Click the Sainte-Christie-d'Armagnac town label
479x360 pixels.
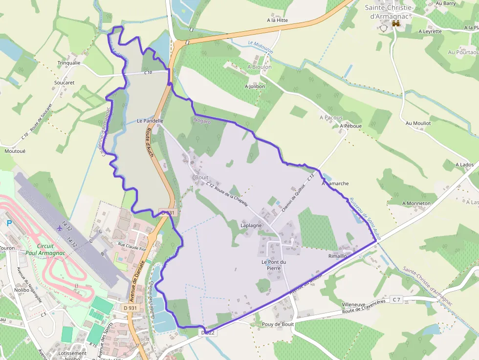pyautogui.click(x=390, y=12)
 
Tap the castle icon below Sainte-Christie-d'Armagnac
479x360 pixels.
pyautogui.click(x=396, y=23)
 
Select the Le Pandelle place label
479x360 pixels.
pyautogui.click(x=150, y=120)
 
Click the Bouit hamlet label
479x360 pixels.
pyautogui.click(x=201, y=177)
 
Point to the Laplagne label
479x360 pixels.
pyautogui.click(x=251, y=226)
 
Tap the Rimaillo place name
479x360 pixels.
pyautogui.click(x=337, y=256)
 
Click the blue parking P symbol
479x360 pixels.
pyautogui.click(x=9, y=223)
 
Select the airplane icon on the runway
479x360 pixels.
pyautogui.click(x=60, y=227)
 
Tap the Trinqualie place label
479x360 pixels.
pyautogui.click(x=68, y=63)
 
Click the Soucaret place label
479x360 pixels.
pyautogui.click(x=65, y=83)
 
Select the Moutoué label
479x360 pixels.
pyautogui.click(x=15, y=151)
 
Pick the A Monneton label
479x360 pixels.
pyautogui.click(x=416, y=203)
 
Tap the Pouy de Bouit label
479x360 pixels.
pyautogui.click(x=278, y=324)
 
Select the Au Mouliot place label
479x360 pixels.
pyautogui.click(x=418, y=123)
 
